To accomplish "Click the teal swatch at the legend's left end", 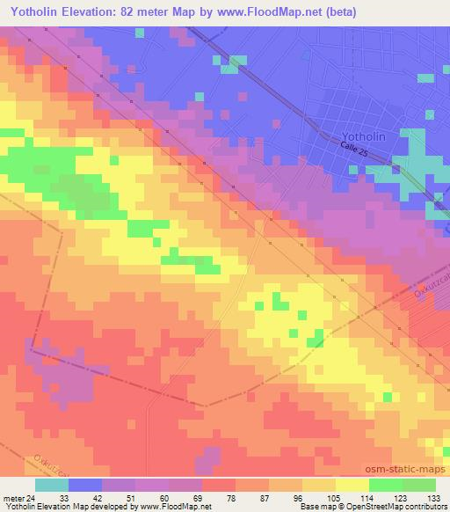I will click(x=51, y=484).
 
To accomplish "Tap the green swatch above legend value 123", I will click(x=385, y=484).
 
